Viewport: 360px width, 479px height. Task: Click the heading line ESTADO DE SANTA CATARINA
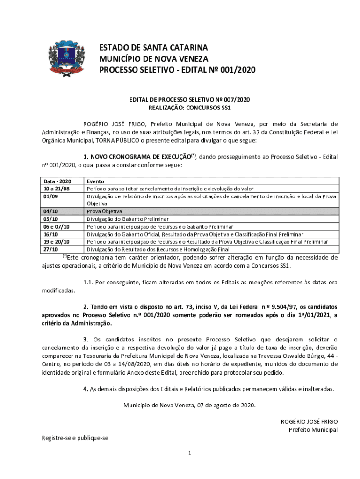pos(153,48)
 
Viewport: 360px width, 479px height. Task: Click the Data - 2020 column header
pos(57,181)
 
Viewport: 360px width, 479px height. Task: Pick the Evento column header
pos(95,181)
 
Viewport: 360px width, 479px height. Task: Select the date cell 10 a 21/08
pos(57,189)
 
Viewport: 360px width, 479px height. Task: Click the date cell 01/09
pos(50,196)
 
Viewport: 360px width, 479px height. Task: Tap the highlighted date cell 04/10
pos(50,211)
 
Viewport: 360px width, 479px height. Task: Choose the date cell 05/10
pos(50,219)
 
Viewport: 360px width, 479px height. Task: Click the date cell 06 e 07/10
pos(57,226)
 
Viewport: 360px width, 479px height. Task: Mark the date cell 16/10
pos(50,234)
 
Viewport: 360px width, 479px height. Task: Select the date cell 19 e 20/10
pos(57,241)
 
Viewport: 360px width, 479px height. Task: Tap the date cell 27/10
pos(50,249)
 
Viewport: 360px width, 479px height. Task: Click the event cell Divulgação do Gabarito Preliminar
pos(128,219)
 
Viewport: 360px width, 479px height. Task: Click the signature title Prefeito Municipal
pos(313,430)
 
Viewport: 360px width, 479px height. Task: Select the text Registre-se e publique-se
pos(75,438)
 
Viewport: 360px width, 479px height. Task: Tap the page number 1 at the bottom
pos(189,453)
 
